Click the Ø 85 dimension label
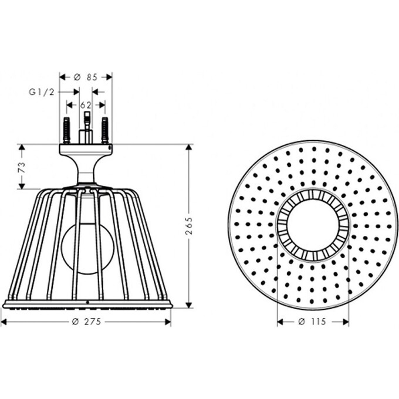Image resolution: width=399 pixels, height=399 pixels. click(86, 77)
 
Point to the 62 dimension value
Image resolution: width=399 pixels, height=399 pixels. click(86, 105)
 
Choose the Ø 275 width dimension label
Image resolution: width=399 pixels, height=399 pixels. click(86, 322)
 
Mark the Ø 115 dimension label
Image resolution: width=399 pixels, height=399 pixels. click(312, 322)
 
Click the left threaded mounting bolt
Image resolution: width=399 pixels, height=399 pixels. click(66, 130)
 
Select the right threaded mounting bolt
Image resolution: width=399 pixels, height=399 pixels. click(105, 130)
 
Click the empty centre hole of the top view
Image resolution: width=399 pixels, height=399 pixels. click(312, 225)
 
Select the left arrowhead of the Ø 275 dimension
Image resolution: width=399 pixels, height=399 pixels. click(4, 322)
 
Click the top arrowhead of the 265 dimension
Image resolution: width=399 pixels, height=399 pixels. click(189, 147)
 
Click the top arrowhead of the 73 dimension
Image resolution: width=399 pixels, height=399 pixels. click(22, 147)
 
